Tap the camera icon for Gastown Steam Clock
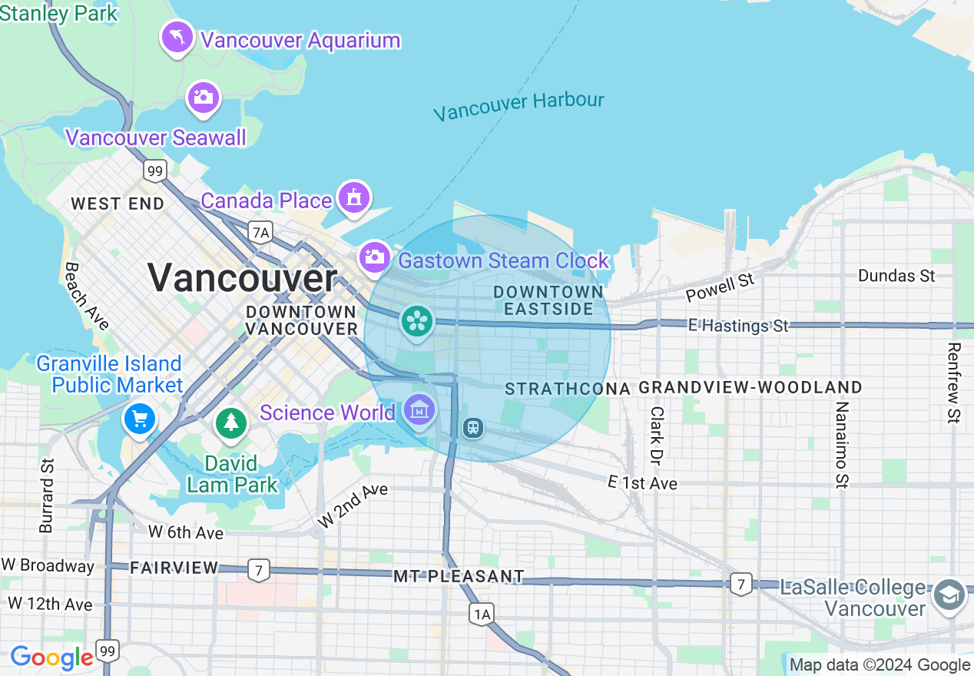point(374,257)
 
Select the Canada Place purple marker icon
point(353,197)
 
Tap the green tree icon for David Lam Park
point(230,422)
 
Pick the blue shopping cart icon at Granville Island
point(140,419)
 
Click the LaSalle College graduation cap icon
point(949,595)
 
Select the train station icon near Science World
point(473,427)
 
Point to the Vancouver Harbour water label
point(518,107)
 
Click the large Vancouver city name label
point(243,277)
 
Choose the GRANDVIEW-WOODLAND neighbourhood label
point(750,387)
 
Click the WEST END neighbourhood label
point(118,204)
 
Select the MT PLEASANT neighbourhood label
point(459,576)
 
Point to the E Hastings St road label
point(738,326)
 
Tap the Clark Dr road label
point(656,436)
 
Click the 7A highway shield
point(260,232)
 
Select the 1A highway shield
point(481,613)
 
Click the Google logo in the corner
point(51,658)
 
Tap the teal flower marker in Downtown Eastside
point(416,320)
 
